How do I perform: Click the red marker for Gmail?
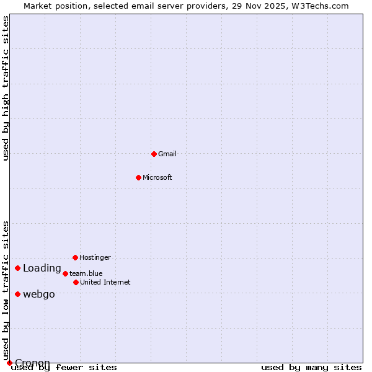coord(154,154)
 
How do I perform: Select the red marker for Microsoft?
coord(138,177)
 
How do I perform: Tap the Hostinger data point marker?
coord(75,257)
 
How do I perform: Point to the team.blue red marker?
coord(65,273)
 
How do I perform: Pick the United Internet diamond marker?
coord(76,282)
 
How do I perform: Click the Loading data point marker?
coord(17,268)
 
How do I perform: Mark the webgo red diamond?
coord(17,294)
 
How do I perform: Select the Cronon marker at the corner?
coord(9,363)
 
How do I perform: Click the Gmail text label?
coord(167,154)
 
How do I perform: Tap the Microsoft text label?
coord(157,177)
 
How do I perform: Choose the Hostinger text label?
coord(95,257)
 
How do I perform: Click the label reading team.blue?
coord(86,273)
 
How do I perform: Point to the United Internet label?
coord(105,282)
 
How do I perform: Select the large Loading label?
coord(42,268)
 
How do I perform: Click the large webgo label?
coord(39,294)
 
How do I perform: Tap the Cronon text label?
coord(32,363)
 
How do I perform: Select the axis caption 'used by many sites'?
coord(311,368)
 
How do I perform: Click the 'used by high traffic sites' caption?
coord(6,89)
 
